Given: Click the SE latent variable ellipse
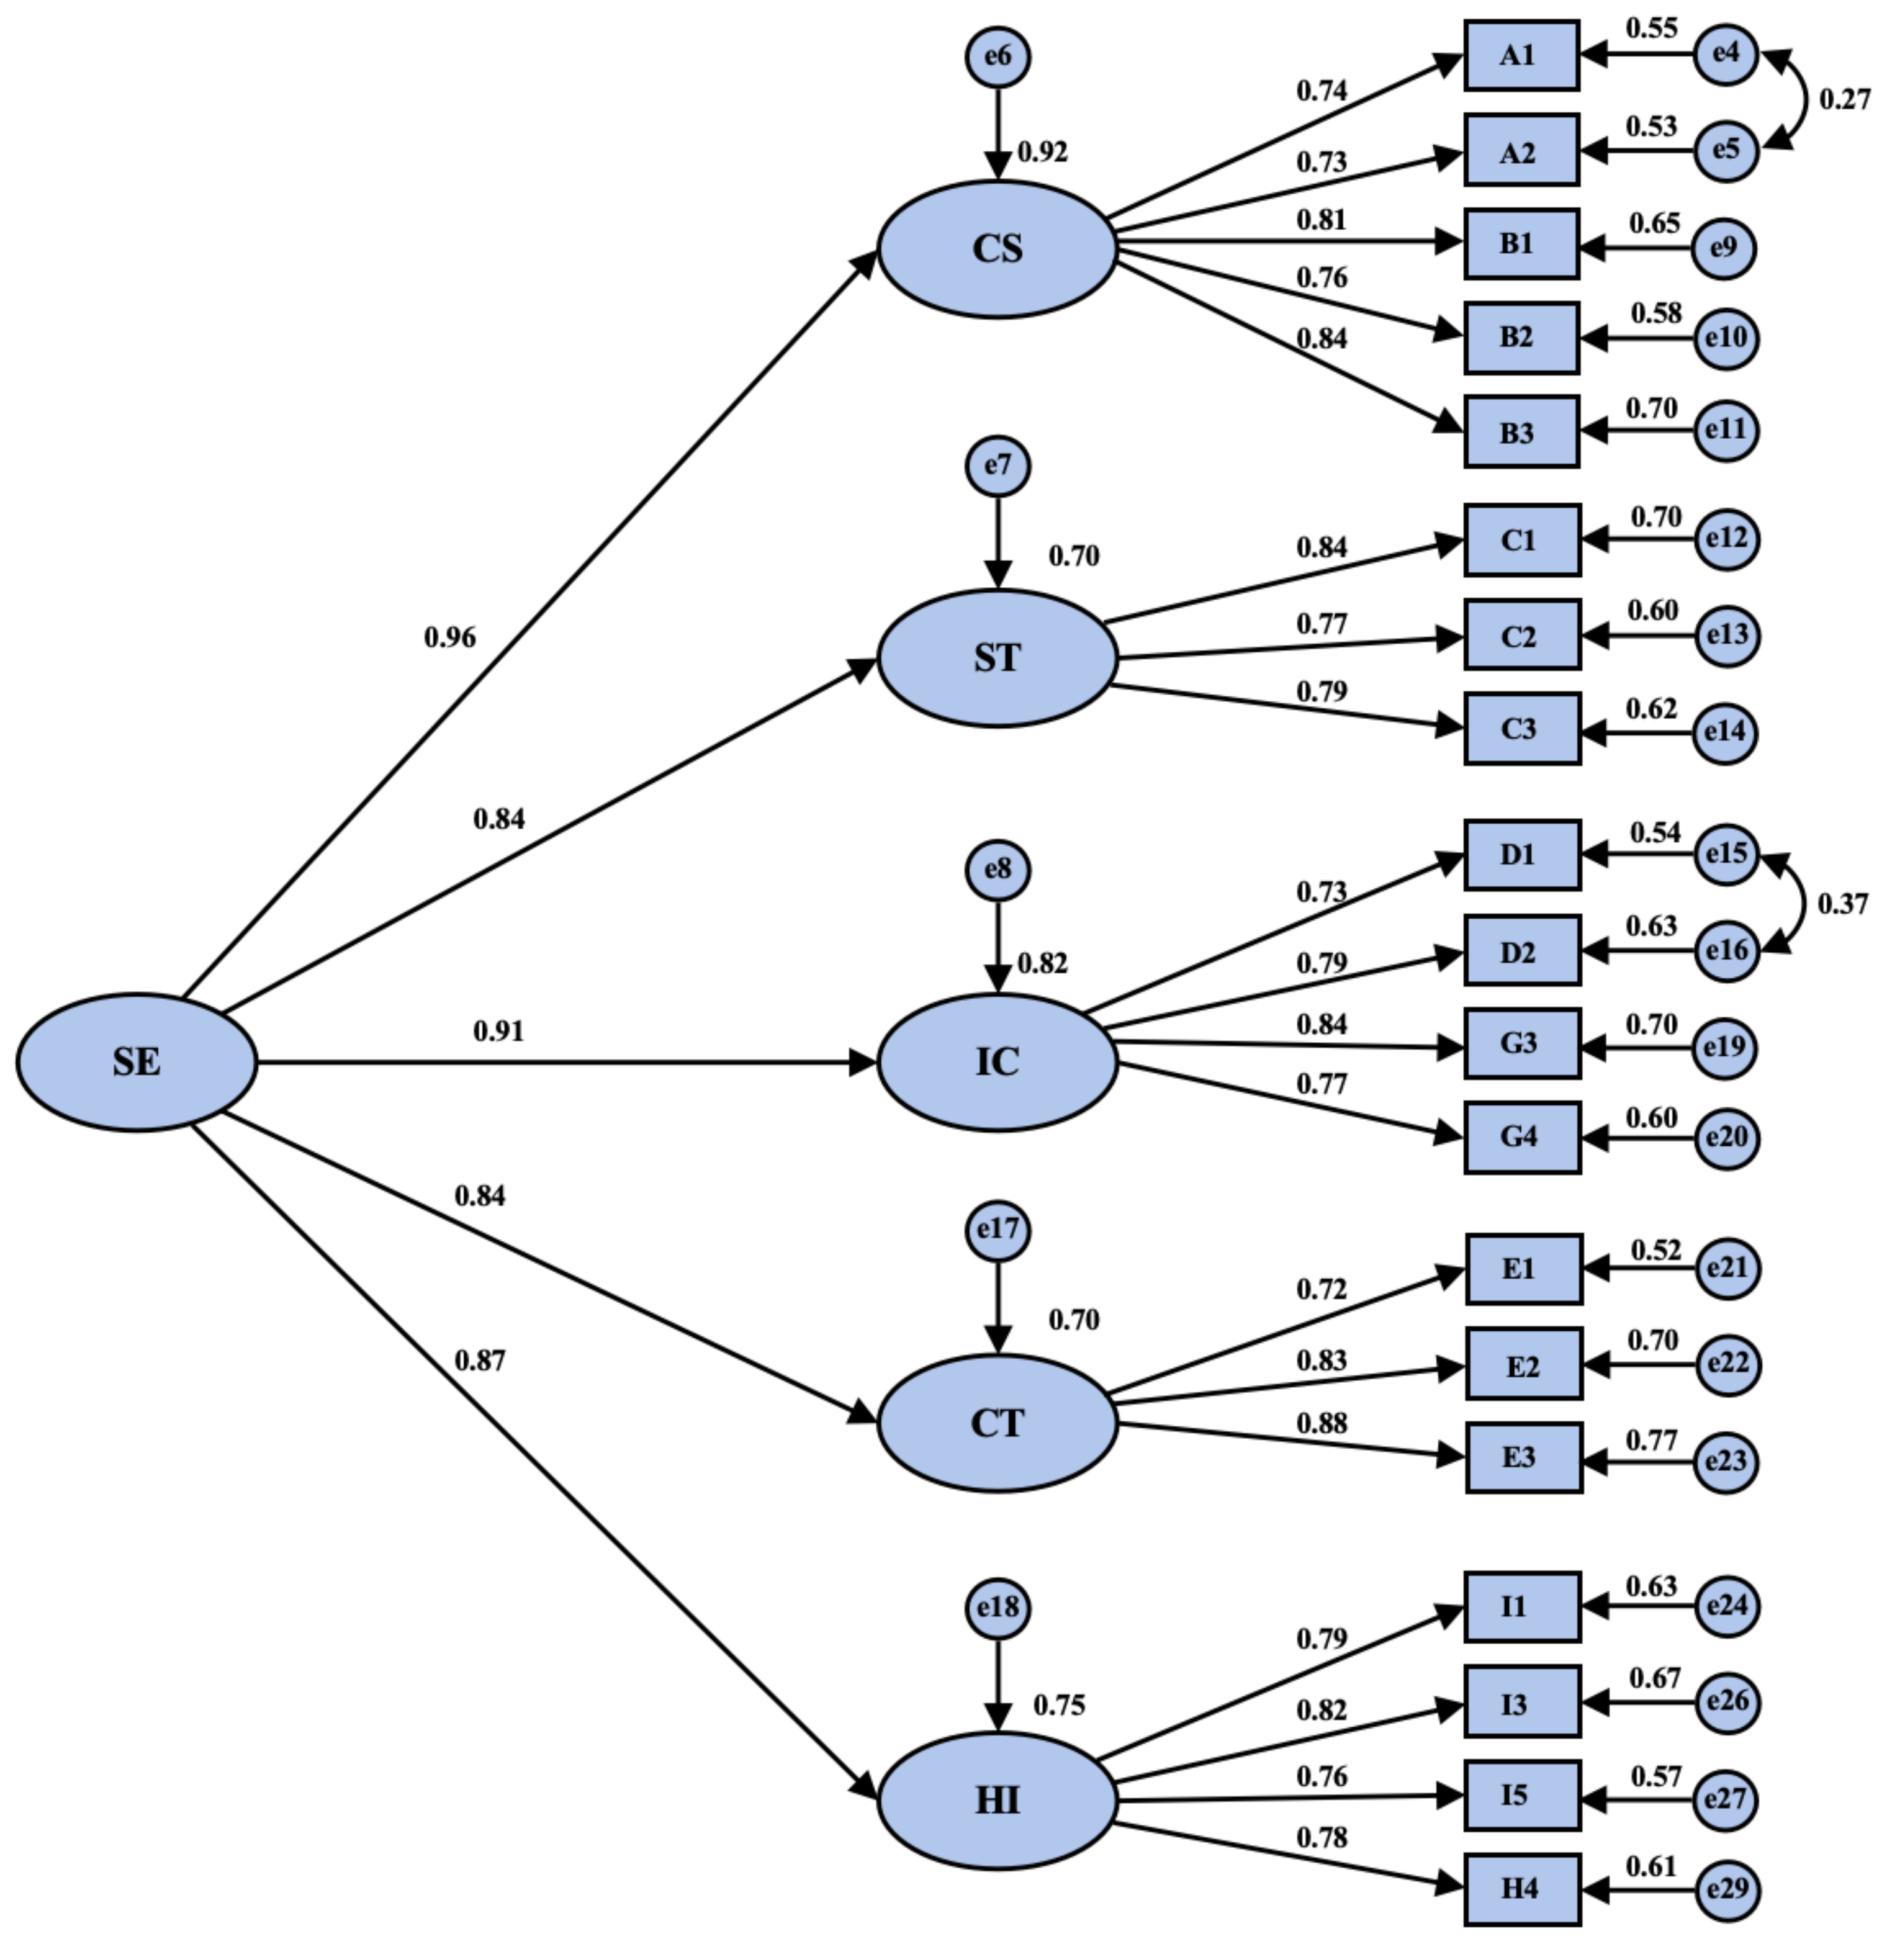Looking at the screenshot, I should (137, 1062).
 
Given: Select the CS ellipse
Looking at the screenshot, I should (997, 249).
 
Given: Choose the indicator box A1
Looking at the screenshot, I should (1521, 55).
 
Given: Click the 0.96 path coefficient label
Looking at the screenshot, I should (449, 637).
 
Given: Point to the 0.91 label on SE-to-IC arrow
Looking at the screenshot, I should (498, 1032).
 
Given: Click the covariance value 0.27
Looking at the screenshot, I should (1844, 100).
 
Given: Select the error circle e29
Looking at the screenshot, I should (1726, 1889).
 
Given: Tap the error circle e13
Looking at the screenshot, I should (1726, 635).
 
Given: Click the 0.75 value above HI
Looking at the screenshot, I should (1058, 1705).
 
